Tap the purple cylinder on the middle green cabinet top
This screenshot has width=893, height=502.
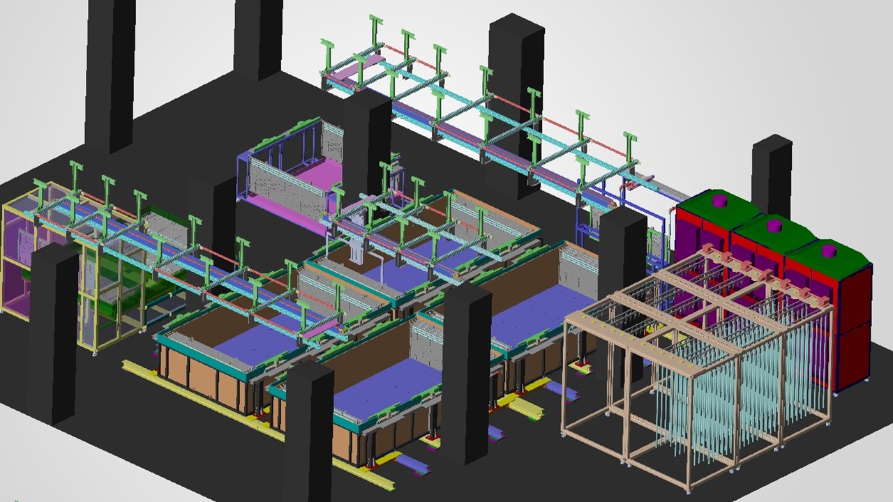(x=772, y=225)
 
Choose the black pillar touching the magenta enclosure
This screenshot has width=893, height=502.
(x=367, y=139)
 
